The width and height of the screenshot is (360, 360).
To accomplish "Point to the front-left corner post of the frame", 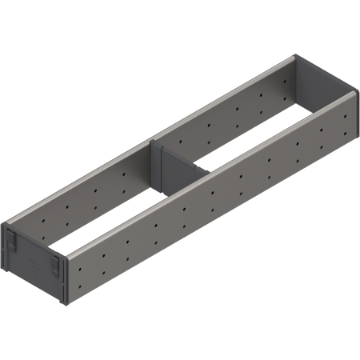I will (10, 232).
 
